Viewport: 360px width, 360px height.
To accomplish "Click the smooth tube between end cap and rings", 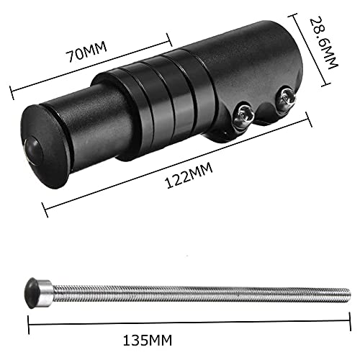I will (79, 115).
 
